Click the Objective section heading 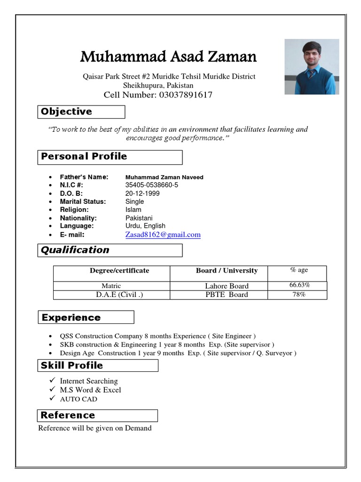(67, 112)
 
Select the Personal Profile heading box (84, 156)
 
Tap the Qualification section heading (75, 250)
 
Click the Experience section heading (71, 317)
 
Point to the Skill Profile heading (72, 365)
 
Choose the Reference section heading (68, 415)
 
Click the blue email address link (163, 234)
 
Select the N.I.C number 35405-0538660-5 (151, 185)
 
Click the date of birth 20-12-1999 (142, 193)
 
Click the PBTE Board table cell (227, 295)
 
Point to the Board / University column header (227, 271)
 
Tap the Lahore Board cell (227, 286)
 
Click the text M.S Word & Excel (90, 390)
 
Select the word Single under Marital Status (134, 201)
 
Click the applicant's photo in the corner (312, 67)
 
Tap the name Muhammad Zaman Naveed (164, 177)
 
